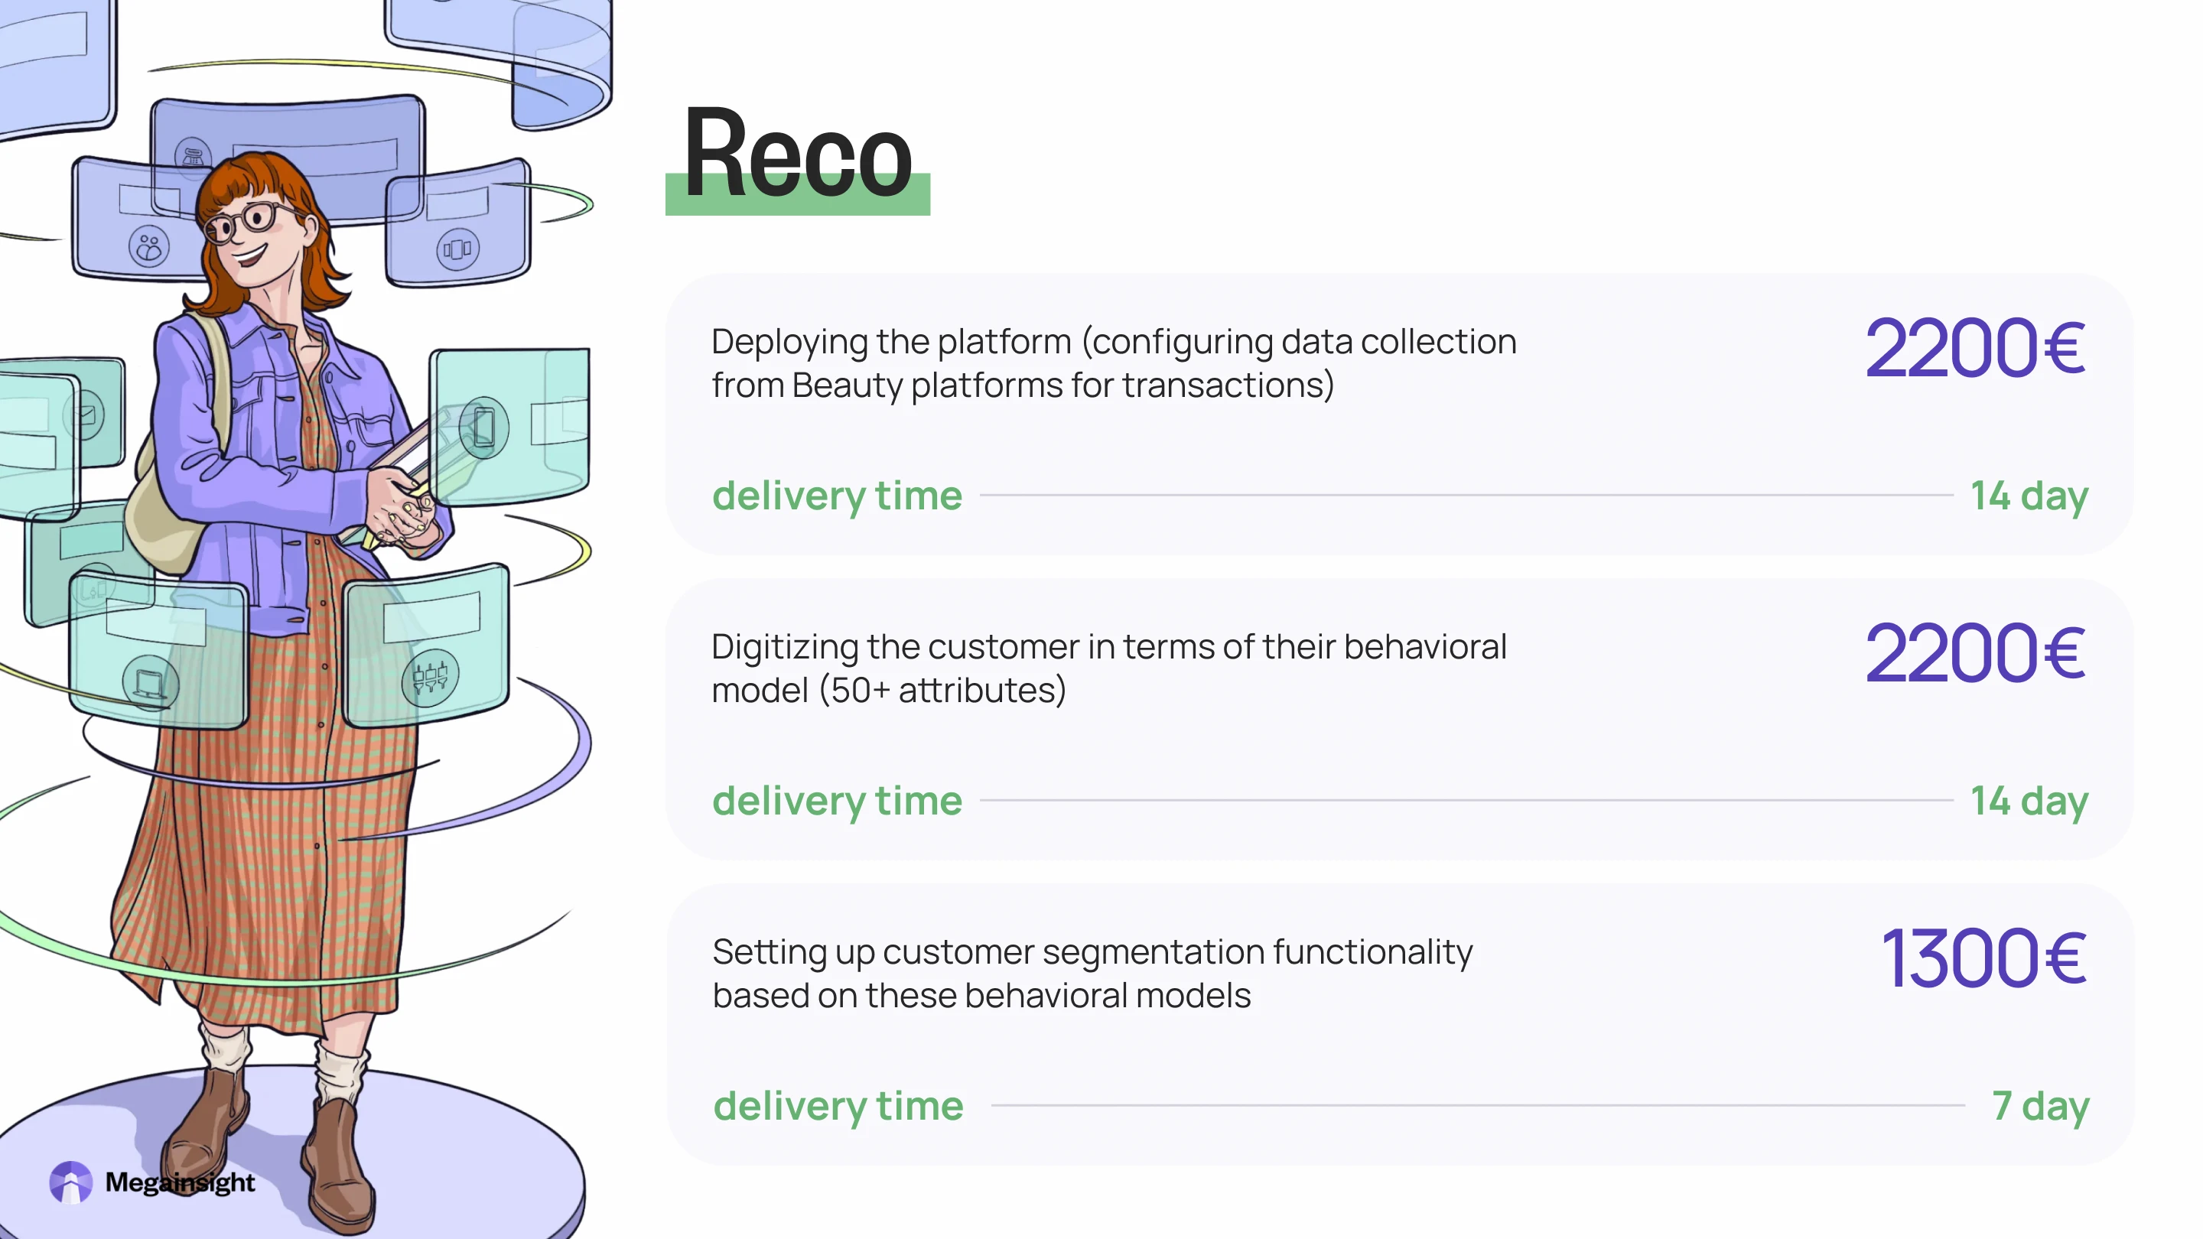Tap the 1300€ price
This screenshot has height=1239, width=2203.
pos(1983,958)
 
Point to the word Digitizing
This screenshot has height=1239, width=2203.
pos(784,647)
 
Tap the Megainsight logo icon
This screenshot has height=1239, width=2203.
pos(70,1182)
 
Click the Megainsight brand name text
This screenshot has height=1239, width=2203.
pos(180,1182)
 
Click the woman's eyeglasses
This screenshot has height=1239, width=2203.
pos(249,220)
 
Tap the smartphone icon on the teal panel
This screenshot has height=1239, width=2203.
pos(484,427)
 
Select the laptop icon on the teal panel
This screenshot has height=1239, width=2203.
pos(151,684)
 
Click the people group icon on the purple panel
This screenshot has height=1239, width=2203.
pos(149,247)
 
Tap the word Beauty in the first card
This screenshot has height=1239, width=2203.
pos(847,385)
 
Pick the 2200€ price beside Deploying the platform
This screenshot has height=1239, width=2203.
pos(1974,348)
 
